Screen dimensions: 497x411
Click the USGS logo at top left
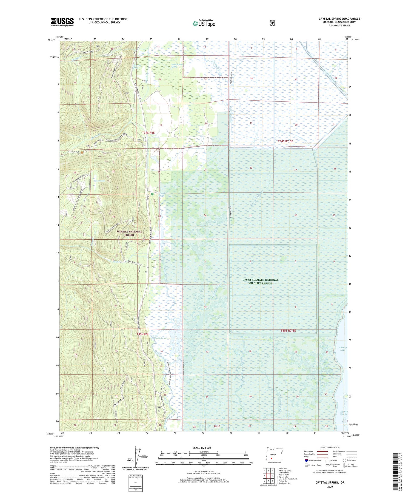[x=62, y=22]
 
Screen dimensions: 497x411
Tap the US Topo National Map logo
[x=204, y=23]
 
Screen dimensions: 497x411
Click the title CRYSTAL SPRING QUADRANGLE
[x=339, y=19]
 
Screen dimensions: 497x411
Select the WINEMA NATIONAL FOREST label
[x=129, y=233]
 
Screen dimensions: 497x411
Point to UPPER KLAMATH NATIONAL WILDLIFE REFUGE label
[x=260, y=282]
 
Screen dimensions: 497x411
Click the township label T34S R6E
[x=148, y=133]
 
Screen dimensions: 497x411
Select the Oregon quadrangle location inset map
[x=271, y=455]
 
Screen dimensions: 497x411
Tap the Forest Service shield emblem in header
[x=272, y=23]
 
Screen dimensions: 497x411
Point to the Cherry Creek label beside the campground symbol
[x=74, y=152]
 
